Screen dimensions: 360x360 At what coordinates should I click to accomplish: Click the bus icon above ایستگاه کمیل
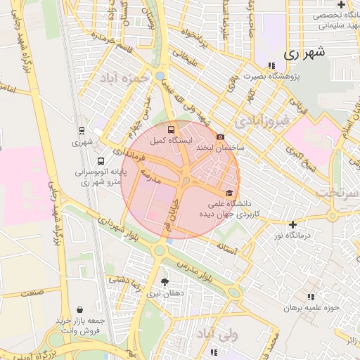tap(172, 129)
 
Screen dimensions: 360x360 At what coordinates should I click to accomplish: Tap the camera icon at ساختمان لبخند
tap(221, 136)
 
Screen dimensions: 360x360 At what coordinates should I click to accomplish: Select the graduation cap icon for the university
tap(228, 192)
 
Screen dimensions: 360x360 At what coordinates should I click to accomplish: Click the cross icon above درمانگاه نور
tap(293, 224)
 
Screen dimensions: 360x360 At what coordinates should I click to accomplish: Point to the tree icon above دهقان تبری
tap(165, 282)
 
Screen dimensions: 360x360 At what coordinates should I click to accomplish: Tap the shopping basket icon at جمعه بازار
tap(79, 309)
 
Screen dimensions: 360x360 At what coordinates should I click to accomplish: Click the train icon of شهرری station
tap(82, 131)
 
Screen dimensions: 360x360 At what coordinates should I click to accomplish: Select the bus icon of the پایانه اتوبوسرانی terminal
tap(101, 160)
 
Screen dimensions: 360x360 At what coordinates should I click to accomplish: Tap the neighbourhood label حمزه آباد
tap(124, 77)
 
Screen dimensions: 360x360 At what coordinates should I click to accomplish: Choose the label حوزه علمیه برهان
tap(311, 307)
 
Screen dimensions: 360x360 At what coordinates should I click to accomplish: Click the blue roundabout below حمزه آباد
tap(160, 75)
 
